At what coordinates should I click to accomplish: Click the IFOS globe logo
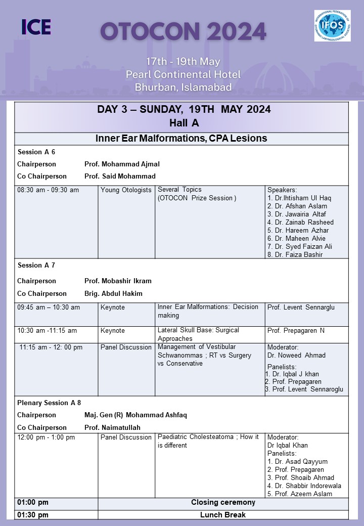(332, 26)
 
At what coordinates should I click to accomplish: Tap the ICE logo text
(36, 27)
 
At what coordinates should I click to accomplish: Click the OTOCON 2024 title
(183, 32)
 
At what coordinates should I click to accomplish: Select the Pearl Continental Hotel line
(183, 74)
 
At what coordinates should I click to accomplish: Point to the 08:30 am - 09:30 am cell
(48, 190)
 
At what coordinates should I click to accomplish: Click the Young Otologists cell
(126, 190)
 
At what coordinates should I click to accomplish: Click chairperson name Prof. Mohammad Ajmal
(122, 164)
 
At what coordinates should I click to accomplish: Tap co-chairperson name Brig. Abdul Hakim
(113, 293)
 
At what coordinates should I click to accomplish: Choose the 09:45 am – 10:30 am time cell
(49, 308)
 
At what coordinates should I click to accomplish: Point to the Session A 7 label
(37, 265)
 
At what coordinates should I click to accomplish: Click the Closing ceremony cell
(223, 503)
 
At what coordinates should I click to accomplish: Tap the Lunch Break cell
(223, 515)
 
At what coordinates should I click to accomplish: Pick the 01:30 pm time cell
(33, 515)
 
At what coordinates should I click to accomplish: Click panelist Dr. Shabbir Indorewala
(304, 486)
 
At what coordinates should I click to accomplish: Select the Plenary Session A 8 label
(49, 403)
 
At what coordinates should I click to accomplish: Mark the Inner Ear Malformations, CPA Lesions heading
(181, 139)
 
